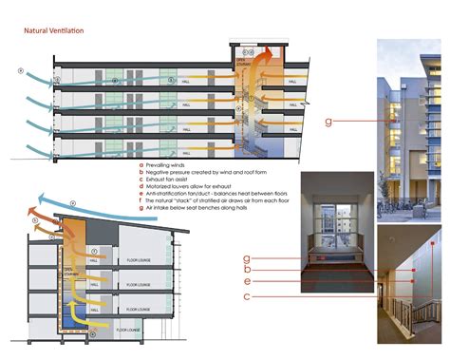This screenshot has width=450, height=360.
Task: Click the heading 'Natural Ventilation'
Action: point(53,31)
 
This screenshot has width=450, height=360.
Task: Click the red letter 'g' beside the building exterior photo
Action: point(328,121)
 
